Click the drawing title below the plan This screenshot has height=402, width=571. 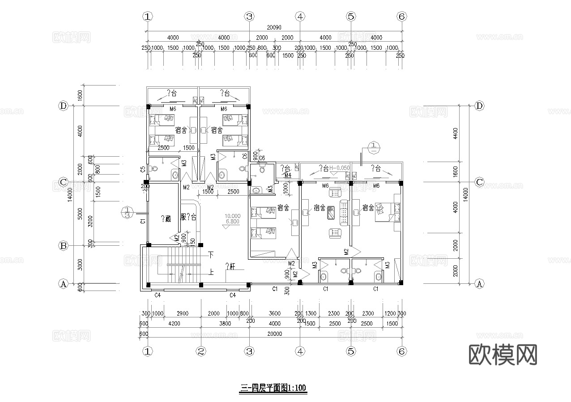(x=273, y=388)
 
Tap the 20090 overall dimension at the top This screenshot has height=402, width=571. (x=275, y=28)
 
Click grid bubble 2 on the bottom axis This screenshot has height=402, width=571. (x=201, y=351)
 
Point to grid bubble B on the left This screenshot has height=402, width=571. (x=63, y=246)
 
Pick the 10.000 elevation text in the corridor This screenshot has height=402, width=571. (x=233, y=215)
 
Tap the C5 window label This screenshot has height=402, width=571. (x=142, y=169)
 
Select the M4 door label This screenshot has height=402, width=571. (x=288, y=175)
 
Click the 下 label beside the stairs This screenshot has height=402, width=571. (x=211, y=255)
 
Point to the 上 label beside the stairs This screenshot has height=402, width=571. (x=211, y=271)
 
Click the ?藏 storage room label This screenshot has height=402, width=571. (x=165, y=218)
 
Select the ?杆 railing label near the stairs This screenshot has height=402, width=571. (x=230, y=266)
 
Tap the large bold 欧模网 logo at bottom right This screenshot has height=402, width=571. (x=503, y=355)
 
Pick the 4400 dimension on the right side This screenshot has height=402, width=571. (x=456, y=133)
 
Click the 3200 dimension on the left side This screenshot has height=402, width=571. (x=91, y=222)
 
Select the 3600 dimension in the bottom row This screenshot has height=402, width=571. (x=274, y=314)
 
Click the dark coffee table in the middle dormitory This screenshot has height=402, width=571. (x=331, y=213)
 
